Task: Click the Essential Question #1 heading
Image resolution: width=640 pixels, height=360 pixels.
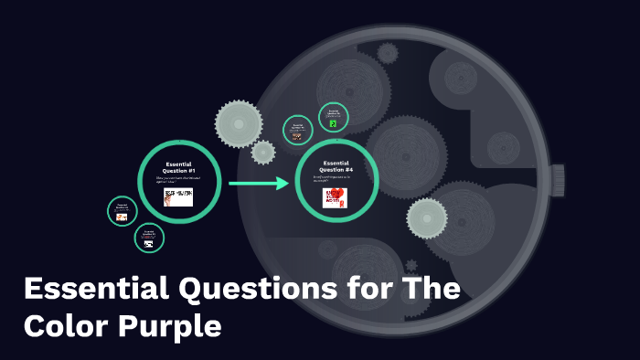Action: [x=179, y=167]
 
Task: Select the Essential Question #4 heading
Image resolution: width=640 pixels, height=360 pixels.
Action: [x=337, y=167]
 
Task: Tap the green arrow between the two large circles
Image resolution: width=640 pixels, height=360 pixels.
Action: [x=260, y=184]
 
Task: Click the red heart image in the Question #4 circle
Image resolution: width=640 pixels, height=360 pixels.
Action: [x=336, y=197]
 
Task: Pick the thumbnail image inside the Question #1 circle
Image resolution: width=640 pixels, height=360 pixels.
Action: [x=178, y=196]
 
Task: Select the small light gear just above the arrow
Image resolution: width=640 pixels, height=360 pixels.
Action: [x=263, y=152]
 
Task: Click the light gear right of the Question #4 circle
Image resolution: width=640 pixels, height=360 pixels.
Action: [x=427, y=218]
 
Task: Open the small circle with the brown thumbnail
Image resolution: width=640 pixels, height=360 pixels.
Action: [x=297, y=130]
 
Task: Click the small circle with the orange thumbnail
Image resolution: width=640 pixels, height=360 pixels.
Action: [x=122, y=211]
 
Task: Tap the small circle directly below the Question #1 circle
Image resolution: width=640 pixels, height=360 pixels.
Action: [x=149, y=238]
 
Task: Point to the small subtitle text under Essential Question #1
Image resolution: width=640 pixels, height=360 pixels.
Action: [x=178, y=182]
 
